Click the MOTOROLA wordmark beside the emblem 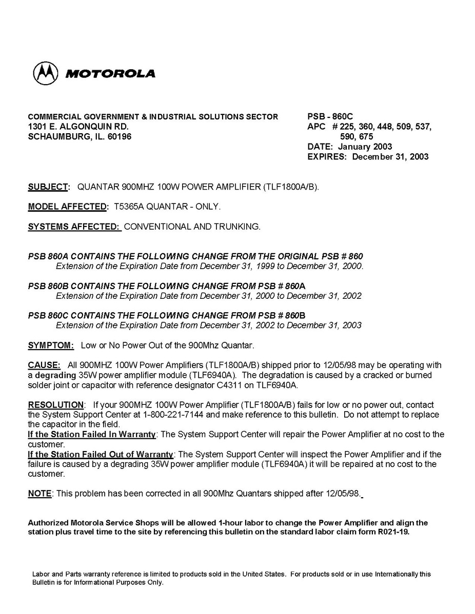110,74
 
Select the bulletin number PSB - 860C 330,117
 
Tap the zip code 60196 120,137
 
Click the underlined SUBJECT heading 48,187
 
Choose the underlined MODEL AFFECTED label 68,207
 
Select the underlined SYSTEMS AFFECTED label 74,227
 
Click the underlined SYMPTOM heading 51,345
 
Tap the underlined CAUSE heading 44,365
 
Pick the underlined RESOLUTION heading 55,405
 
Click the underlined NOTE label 39,494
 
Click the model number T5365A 129,207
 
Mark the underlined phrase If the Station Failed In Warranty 91,435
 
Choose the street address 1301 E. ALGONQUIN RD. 78,127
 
